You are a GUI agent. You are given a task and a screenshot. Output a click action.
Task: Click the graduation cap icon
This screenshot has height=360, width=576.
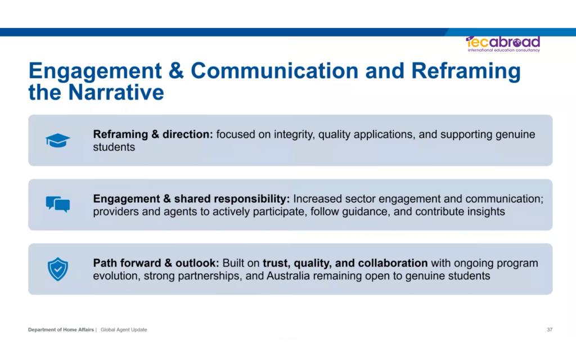coord(58,140)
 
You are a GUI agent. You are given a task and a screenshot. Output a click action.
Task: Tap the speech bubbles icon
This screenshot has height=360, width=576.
coord(58,204)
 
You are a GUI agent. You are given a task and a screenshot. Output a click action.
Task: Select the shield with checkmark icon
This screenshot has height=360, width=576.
coord(58,269)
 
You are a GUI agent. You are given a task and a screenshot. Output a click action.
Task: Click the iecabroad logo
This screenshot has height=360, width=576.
coord(503,44)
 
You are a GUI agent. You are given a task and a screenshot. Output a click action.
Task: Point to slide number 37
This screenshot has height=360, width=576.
coord(550,330)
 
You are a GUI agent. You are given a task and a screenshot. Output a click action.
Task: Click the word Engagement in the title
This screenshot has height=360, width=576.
coord(95,71)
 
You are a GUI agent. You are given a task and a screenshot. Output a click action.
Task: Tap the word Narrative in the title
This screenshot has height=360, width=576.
coord(116,92)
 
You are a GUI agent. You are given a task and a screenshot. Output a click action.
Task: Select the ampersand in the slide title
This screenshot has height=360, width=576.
coord(176,70)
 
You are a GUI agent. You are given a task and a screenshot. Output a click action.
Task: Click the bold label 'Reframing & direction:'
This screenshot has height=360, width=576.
coord(153,134)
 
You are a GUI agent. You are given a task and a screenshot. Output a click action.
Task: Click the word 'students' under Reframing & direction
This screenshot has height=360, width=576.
coord(114,147)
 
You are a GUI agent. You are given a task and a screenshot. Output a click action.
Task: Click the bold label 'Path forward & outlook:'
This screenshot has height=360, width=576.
coord(156,263)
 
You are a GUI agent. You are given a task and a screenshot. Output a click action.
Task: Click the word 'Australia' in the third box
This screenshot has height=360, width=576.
coord(288,276)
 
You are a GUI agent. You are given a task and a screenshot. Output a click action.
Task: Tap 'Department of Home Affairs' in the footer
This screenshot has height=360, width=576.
coord(61,330)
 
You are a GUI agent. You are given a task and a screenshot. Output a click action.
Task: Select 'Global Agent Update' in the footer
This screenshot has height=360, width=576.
coord(124,330)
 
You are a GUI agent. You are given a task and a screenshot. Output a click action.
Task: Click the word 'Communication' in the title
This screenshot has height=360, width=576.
coord(274,70)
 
